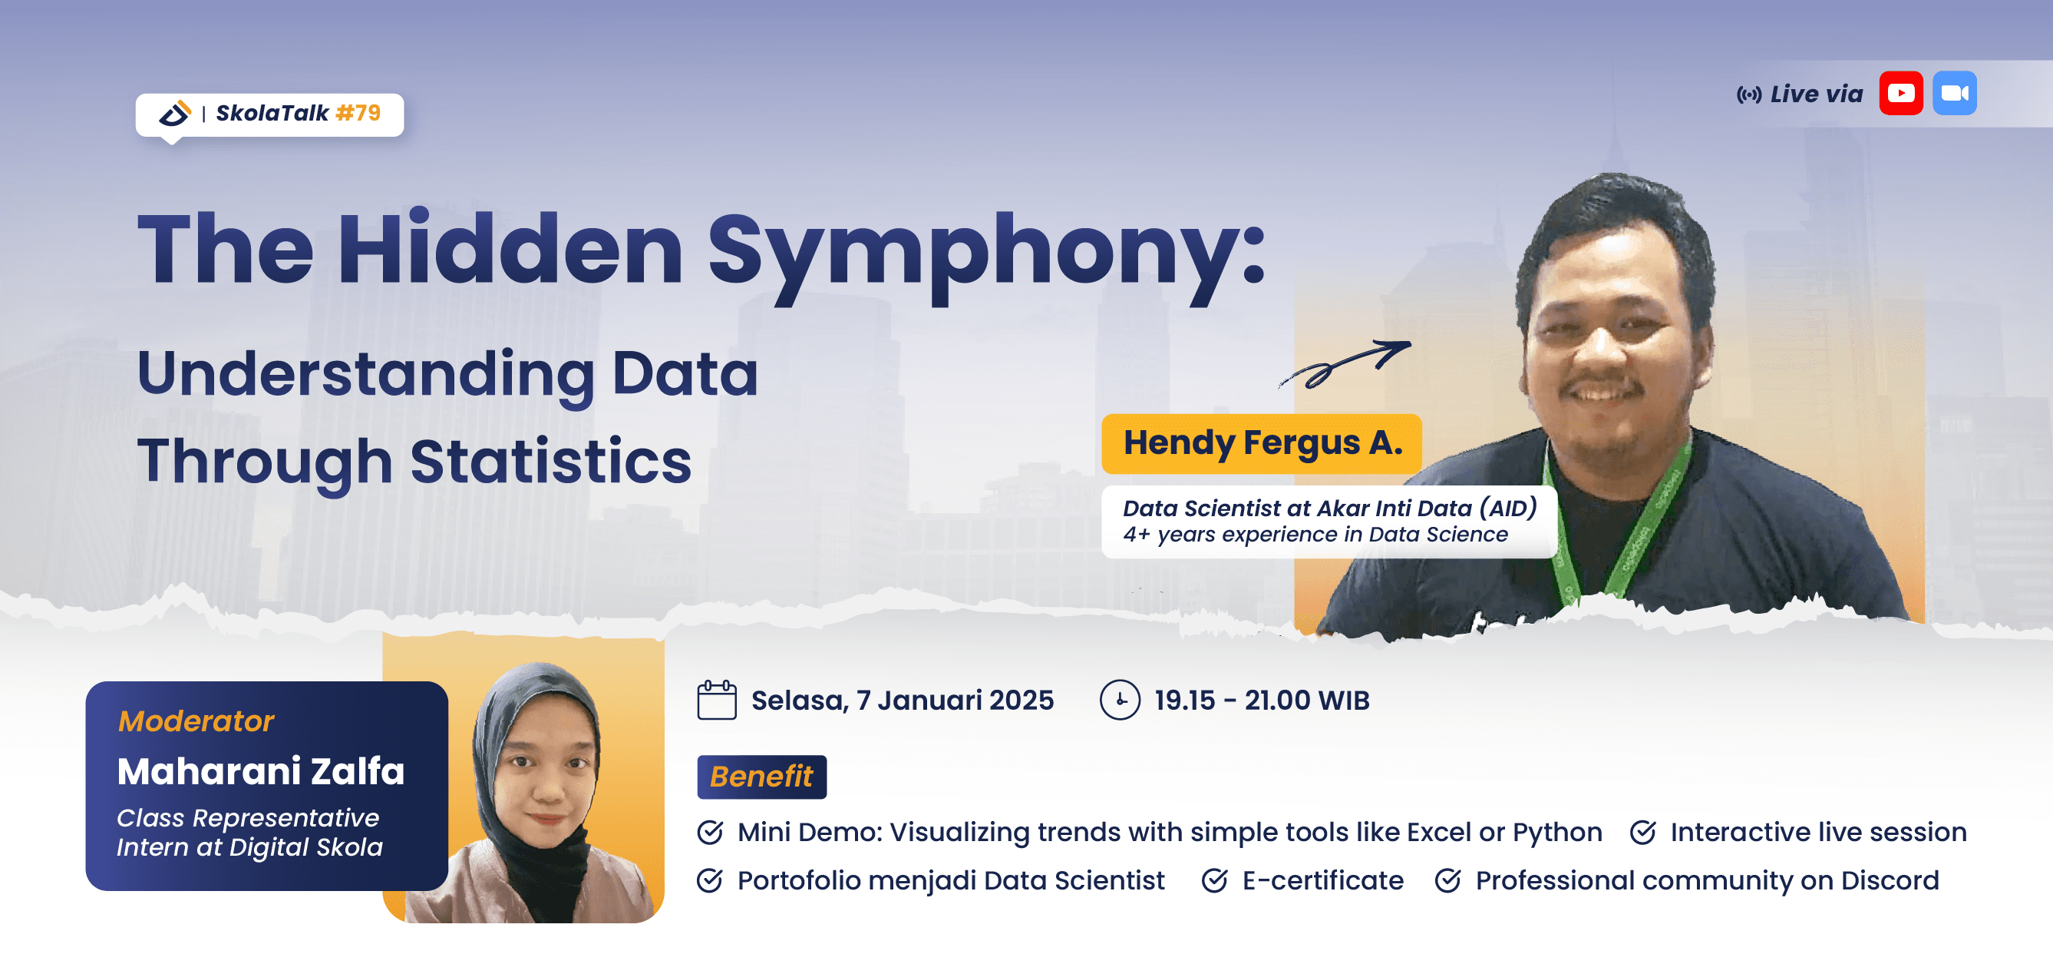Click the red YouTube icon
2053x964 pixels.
1901,93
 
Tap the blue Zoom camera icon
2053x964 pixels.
1954,93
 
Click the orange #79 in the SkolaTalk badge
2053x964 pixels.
358,113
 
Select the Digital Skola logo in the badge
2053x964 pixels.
174,113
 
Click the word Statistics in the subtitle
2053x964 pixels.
550,462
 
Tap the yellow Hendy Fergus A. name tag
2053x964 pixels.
1262,443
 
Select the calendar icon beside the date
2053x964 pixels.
717,700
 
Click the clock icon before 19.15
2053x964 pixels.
1120,700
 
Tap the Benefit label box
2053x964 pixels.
761,777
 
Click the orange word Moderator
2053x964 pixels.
196,721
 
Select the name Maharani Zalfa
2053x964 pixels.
261,771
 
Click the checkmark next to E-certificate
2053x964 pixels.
1214,880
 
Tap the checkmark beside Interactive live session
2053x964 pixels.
1642,833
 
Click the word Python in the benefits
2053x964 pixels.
1556,833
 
